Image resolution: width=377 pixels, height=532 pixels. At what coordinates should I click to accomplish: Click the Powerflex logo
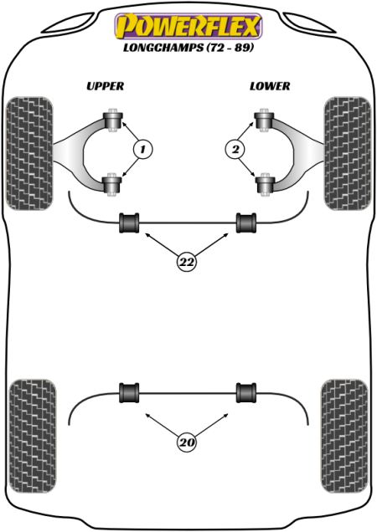coord(188,27)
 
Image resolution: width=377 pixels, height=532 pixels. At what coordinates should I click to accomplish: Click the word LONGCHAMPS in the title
coord(163,48)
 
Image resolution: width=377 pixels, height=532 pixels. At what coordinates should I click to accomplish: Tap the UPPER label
coord(105,86)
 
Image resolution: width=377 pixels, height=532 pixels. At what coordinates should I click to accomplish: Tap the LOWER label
coord(270,86)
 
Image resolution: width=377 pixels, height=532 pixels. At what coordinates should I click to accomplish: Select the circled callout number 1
coord(143,149)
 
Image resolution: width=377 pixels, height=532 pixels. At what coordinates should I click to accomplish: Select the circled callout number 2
coord(235,149)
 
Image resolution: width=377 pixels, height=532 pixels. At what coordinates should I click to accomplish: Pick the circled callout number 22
coord(187,262)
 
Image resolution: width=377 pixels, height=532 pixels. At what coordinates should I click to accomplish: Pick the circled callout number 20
coord(187,442)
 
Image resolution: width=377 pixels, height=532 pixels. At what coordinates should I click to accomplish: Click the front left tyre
coord(30,153)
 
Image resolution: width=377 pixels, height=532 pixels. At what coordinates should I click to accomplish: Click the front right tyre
coord(348,153)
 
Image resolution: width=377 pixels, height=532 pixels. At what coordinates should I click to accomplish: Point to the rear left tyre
coord(33,436)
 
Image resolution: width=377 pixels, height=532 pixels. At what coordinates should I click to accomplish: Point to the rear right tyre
coord(344,436)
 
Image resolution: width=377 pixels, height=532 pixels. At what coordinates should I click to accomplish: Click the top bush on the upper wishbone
coord(112,120)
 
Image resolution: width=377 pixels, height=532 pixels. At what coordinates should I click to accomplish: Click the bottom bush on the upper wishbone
coord(112,184)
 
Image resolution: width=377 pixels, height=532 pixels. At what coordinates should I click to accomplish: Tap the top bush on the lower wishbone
coord(265,120)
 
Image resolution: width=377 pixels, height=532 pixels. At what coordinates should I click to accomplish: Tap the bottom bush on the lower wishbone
coord(265,184)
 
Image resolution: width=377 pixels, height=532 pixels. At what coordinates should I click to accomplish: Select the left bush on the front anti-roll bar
coord(129,223)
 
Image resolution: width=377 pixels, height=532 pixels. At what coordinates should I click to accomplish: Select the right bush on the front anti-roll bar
coord(246,223)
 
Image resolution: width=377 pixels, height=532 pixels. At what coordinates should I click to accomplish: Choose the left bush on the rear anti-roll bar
coord(129,393)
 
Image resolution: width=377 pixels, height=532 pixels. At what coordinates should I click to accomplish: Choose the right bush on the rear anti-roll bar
coord(246,393)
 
